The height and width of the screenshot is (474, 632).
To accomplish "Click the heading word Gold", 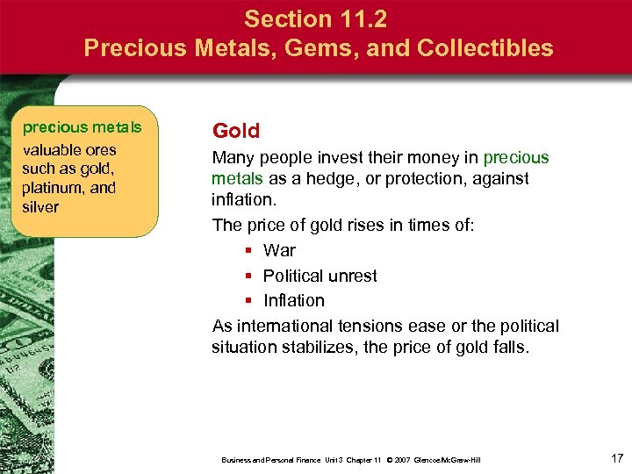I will coord(236,132).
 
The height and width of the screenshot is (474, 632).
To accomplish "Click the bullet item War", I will coord(279,250).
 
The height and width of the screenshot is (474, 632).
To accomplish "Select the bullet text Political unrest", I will coord(320,276).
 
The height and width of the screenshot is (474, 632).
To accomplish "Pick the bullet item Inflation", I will coord(293,300).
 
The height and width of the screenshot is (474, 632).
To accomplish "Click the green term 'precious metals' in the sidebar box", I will coord(82,127).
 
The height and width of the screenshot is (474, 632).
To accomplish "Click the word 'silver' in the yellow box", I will coord(40,207).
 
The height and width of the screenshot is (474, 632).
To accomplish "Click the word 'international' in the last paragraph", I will coord(280,326).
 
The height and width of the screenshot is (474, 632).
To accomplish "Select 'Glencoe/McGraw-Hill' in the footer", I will coord(449,460).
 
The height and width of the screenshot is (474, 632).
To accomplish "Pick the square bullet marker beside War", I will coord(249,251).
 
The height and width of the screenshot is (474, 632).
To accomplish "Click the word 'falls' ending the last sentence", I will coord(510,347).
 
